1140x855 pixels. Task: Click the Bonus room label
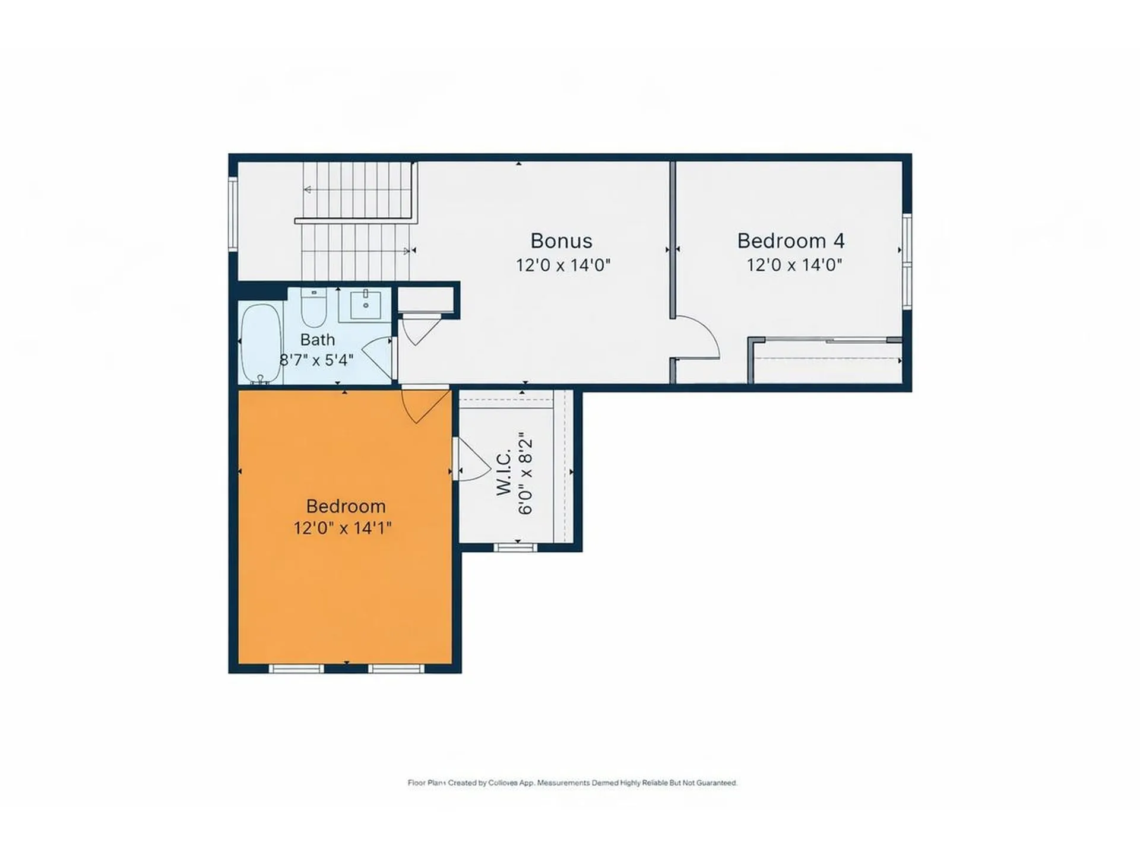coord(561,241)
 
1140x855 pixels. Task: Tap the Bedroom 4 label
coord(790,241)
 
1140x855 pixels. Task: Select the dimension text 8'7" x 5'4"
coord(316,360)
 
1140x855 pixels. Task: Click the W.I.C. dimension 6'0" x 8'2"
coord(525,477)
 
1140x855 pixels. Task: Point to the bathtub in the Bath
coord(261,344)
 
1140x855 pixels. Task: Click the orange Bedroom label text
coord(346,506)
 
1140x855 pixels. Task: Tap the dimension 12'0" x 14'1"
coord(343,528)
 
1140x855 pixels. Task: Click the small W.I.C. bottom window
coord(515,547)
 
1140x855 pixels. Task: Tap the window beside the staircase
coord(233,214)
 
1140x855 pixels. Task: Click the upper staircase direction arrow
coord(308,190)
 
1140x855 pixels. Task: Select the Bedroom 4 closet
coord(825,361)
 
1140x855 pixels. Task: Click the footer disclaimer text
coord(572,783)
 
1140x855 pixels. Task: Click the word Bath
coord(317,340)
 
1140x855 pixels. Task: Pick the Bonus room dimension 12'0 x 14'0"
coord(563,265)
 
